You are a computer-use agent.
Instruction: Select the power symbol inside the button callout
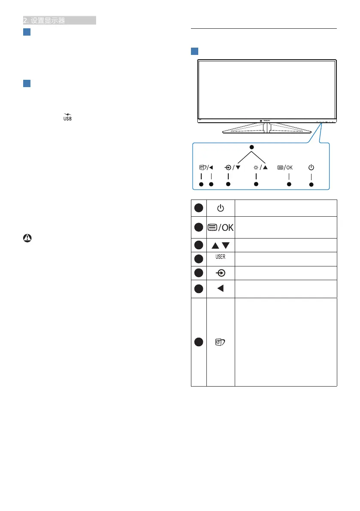311,167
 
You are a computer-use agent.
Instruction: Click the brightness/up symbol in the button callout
261,167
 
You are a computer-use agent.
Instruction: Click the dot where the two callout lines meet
252,148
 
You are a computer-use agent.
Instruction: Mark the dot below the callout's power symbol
311,184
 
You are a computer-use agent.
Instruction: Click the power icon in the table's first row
221,208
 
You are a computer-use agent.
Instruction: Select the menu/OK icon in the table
221,227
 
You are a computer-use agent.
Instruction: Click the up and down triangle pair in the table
221,245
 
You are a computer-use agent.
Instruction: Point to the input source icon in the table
221,273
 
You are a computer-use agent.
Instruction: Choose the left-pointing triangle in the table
221,289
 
